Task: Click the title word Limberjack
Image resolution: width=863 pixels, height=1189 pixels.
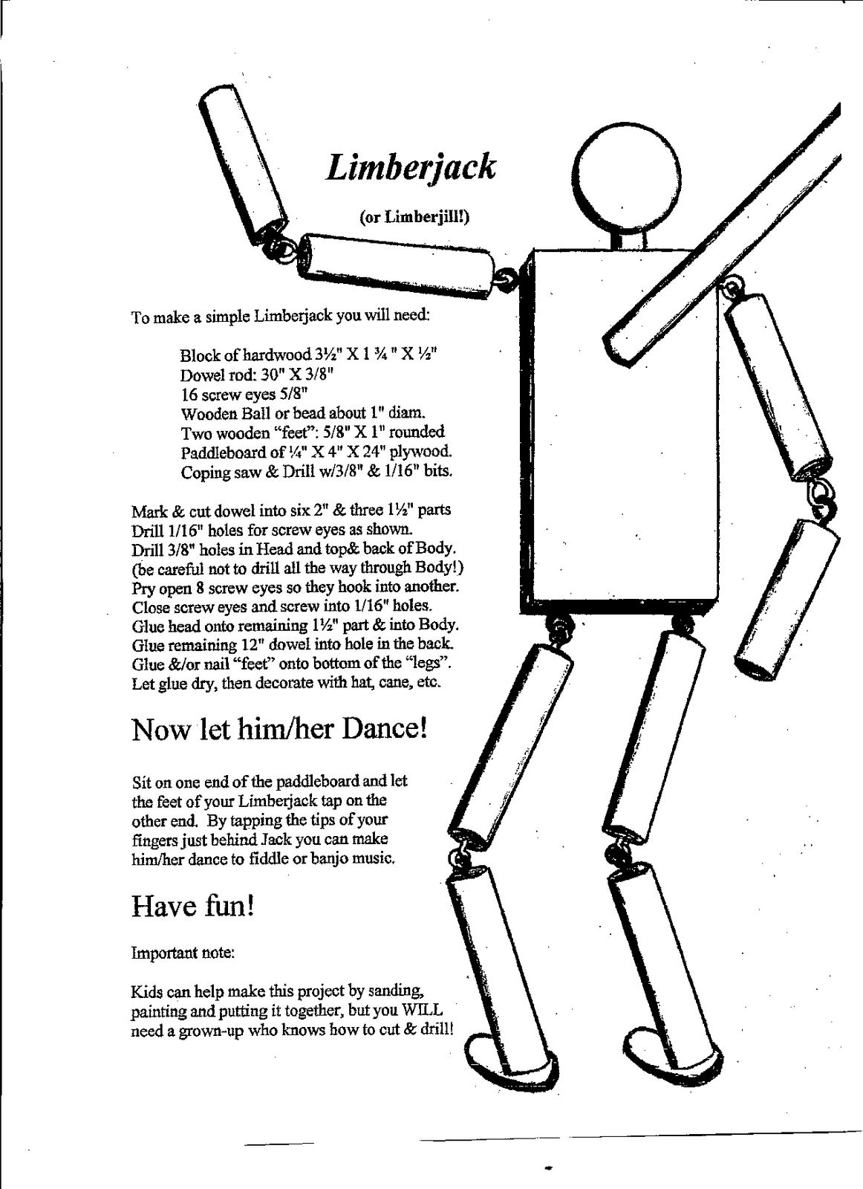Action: click(410, 167)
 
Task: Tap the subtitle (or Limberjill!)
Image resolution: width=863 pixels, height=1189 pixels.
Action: click(415, 216)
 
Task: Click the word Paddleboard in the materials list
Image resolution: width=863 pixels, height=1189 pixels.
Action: click(221, 451)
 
